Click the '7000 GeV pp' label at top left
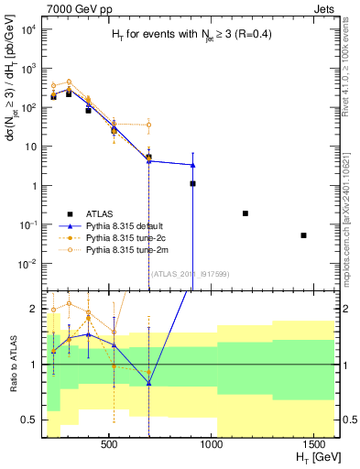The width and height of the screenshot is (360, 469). (x=75, y=7)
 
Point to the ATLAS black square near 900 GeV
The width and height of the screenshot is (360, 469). (x=192, y=183)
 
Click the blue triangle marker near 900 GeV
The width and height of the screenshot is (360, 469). (x=192, y=165)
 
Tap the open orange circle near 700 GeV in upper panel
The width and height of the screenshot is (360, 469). (x=148, y=125)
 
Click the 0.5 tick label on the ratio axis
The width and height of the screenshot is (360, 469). (x=32, y=420)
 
